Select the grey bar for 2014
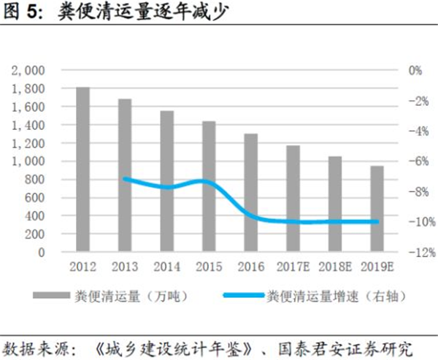[166, 182]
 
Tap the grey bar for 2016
[250, 193]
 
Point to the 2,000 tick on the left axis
[30, 70]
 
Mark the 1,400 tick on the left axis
[30, 125]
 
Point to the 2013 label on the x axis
[125, 267]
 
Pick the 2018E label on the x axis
[334, 267]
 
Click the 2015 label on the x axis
[209, 267]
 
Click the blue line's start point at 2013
[125, 178]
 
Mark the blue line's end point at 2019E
[376, 221]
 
